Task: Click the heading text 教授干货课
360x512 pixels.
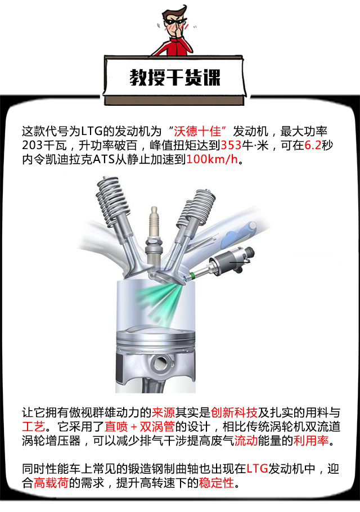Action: pyautogui.click(x=175, y=78)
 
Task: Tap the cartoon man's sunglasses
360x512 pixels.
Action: pyautogui.click(x=175, y=21)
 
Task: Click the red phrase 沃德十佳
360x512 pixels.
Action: pyautogui.click(x=197, y=131)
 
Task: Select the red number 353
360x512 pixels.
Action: pyautogui.click(x=231, y=145)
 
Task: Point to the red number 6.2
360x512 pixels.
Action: pyautogui.click(x=313, y=145)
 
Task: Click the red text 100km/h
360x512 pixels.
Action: pyautogui.click(x=212, y=159)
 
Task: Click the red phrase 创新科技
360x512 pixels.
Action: pyautogui.click(x=234, y=413)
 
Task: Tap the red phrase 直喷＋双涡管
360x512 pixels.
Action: pyautogui.click(x=139, y=427)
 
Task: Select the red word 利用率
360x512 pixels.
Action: pyautogui.click(x=310, y=441)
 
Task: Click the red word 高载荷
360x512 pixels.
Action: pyautogui.click(x=51, y=483)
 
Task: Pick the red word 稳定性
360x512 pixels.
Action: pyautogui.click(x=217, y=483)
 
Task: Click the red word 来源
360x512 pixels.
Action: pyautogui.click(x=163, y=413)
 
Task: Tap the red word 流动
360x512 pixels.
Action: pyautogui.click(x=246, y=441)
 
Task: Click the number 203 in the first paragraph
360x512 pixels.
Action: pyautogui.click(x=32, y=145)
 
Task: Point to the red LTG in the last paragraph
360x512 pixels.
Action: pyautogui.click(x=257, y=469)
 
